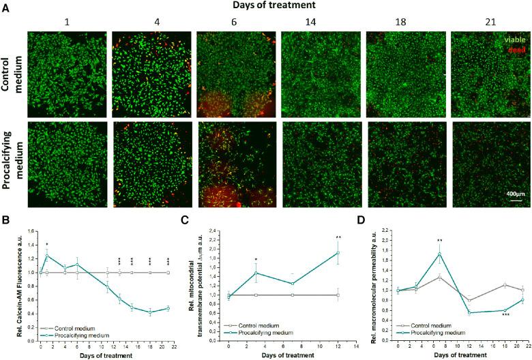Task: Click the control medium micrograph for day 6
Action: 235,73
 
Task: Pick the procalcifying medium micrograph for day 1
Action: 67,164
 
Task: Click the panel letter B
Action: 5,220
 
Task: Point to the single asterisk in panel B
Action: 46,244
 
